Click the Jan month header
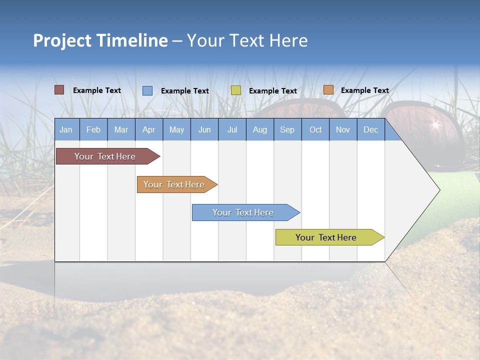66,129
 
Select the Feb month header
93,129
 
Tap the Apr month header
149,129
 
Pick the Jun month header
204,129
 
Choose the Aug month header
260,129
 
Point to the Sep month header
287,129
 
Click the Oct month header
315,129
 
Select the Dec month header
371,129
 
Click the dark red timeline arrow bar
105,156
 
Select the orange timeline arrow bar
174,184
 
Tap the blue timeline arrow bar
243,212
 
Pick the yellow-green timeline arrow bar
326,237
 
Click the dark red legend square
59,90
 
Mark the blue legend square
147,90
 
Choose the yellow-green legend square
236,90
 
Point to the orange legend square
328,90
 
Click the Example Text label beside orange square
364,90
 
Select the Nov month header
343,129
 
